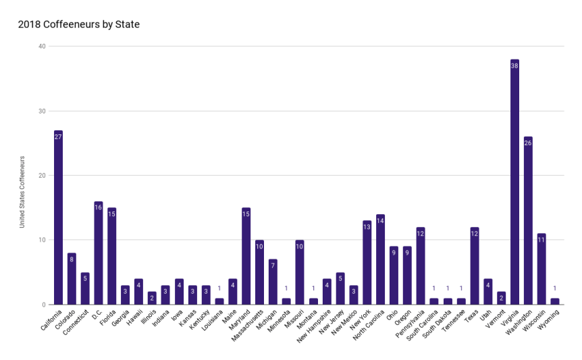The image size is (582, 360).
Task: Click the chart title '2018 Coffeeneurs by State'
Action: tap(79, 25)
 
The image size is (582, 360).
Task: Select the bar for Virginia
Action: tap(514, 182)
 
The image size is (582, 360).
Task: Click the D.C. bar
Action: tap(99, 253)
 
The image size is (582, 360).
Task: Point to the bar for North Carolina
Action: tap(380, 259)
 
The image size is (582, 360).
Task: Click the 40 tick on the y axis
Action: tap(42, 47)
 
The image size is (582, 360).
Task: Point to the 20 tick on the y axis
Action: tap(42, 176)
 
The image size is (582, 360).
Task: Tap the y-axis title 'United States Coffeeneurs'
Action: tap(22, 192)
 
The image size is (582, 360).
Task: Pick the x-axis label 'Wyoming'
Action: tap(550, 317)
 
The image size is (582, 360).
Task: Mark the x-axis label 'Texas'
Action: tap(471, 314)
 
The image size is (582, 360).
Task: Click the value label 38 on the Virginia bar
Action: tap(514, 66)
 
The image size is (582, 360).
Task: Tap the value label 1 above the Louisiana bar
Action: tap(219, 288)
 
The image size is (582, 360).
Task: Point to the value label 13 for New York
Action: tap(367, 227)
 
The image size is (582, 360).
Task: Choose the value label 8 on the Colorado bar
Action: tap(72, 259)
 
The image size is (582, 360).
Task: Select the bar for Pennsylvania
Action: tap(421, 266)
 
